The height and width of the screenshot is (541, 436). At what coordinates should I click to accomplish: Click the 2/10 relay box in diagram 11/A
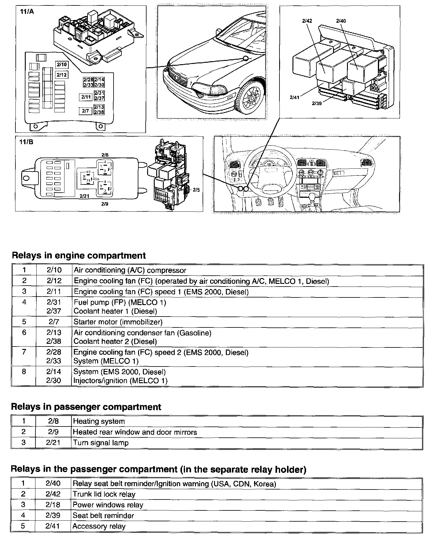[x=62, y=65]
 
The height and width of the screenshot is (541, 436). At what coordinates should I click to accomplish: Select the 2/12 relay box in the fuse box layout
[x=62, y=75]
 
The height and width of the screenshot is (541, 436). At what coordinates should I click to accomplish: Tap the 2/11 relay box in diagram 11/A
[x=86, y=97]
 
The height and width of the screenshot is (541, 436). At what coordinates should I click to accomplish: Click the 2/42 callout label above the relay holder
[x=307, y=21]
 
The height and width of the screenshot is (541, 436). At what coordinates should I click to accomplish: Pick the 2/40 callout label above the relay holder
[x=341, y=21]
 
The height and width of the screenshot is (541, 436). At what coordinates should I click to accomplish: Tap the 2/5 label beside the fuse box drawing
[x=196, y=190]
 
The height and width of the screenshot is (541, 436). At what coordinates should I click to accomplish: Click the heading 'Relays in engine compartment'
[x=79, y=255]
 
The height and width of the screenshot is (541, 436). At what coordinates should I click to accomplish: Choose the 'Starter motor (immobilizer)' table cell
[x=118, y=322]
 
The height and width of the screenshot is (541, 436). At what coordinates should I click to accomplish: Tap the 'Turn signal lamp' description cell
[x=101, y=443]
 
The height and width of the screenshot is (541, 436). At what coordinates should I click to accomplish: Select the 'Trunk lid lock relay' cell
[x=104, y=494]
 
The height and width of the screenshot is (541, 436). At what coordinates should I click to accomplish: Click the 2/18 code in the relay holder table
[x=53, y=505]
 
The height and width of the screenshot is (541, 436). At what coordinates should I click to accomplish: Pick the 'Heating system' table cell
[x=99, y=421]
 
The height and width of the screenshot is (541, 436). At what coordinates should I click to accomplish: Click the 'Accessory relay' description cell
[x=99, y=526]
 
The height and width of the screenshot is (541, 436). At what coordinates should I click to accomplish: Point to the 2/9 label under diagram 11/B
[x=105, y=204]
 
